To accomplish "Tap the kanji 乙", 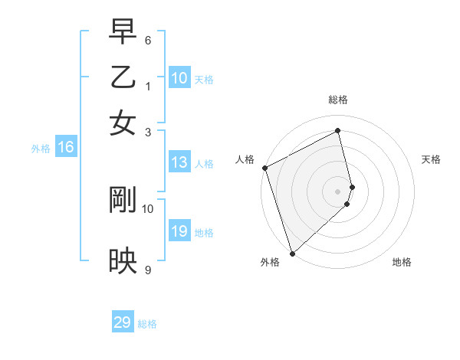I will pyautogui.click(x=123, y=77).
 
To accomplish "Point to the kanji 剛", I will pyautogui.click(x=123, y=201).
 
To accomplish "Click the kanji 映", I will pyautogui.click(x=123, y=260).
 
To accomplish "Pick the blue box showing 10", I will pyautogui.click(x=179, y=77).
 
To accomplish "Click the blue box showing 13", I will pyautogui.click(x=179, y=162).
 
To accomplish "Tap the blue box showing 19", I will pyautogui.click(x=179, y=231).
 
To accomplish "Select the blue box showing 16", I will pyautogui.click(x=65, y=148).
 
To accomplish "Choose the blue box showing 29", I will pyautogui.click(x=123, y=322).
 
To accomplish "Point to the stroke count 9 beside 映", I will pyautogui.click(x=148, y=270).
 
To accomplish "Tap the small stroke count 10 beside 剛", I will pyautogui.click(x=148, y=208).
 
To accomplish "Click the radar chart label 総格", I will pyautogui.click(x=338, y=100).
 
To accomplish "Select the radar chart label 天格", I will pyautogui.click(x=431, y=159).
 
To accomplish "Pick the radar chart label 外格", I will pyautogui.click(x=270, y=262).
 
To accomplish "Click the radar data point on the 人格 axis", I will pyautogui.click(x=264, y=168).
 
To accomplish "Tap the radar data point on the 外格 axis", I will pyautogui.click(x=292, y=252).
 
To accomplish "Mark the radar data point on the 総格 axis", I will pyautogui.click(x=338, y=131).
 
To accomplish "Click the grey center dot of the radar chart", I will pyautogui.click(x=338, y=191).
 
